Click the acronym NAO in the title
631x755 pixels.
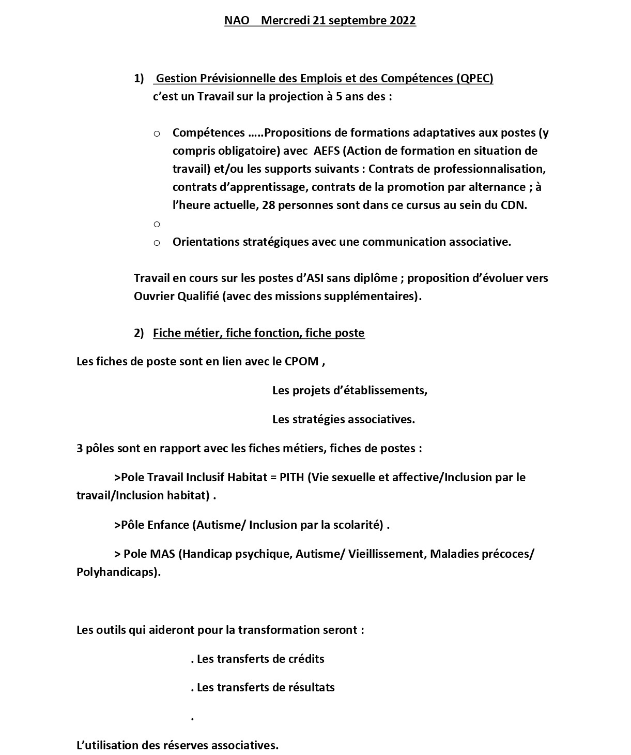pos(237,21)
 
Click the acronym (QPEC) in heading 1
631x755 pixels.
pos(475,79)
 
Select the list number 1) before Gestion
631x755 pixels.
pos(139,79)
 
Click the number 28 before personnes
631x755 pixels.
pos(269,205)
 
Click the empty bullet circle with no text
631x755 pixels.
pos(157,224)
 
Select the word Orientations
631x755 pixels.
pos(206,242)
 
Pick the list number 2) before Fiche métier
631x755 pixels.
pos(139,333)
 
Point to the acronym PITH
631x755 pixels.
pos(292,477)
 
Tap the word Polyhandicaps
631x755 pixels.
pos(117,572)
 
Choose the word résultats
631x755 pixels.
pos(310,688)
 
